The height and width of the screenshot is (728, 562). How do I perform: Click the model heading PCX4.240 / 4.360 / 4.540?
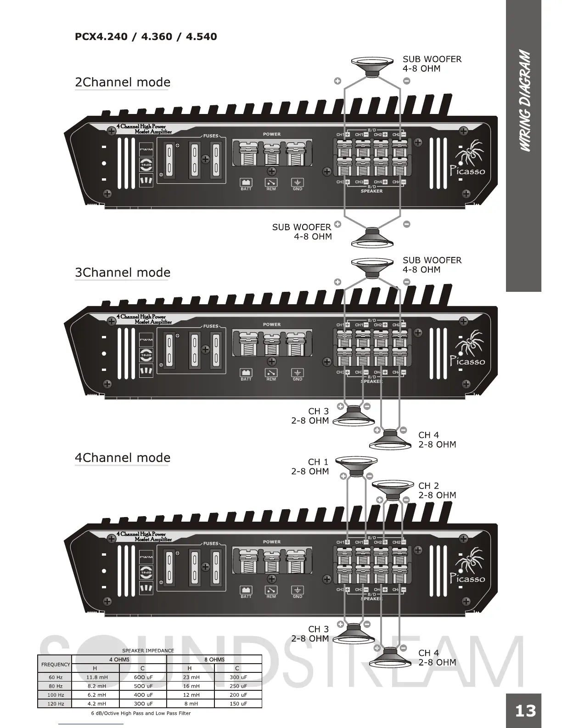coord(146,36)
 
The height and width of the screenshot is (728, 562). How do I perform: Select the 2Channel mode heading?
coord(122,82)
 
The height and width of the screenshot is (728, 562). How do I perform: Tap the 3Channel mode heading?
coord(122,273)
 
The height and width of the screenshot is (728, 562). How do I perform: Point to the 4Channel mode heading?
coord(122,458)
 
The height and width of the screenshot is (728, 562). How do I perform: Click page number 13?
coord(525,711)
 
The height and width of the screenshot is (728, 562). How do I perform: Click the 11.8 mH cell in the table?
coord(96,677)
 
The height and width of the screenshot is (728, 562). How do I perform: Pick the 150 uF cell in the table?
coord(238,703)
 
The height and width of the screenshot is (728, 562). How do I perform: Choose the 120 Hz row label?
coord(55,703)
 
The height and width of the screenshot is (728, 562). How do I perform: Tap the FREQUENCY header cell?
coord(55,664)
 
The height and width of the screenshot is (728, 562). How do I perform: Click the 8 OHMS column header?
coord(214,660)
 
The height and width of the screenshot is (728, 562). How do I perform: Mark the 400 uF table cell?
coord(143,694)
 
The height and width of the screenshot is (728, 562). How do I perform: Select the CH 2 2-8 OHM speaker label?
coord(437,490)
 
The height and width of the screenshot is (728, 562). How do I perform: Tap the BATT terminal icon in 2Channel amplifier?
coord(246,182)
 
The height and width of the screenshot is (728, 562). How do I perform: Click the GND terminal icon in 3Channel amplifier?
coord(298,373)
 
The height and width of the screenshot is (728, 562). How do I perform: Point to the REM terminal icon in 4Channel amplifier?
coord(271,590)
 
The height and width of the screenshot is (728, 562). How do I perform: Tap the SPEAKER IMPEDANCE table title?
coord(148,650)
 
